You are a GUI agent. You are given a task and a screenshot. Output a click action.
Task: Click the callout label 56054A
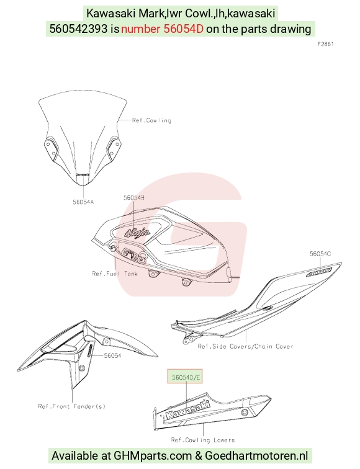click(83, 202)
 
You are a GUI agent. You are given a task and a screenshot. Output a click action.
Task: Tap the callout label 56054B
click(134, 198)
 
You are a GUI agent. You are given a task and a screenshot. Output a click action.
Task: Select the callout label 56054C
click(320, 254)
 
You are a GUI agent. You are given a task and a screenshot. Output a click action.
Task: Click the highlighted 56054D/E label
click(185, 377)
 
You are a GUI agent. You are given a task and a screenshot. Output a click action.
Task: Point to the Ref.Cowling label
click(151, 120)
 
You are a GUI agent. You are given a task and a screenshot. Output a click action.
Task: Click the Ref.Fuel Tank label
click(115, 274)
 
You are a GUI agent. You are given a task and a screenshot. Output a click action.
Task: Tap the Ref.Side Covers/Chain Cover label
click(245, 346)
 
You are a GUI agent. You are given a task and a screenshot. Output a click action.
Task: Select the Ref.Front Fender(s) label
click(72, 406)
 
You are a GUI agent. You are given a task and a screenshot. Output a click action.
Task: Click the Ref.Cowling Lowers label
click(202, 440)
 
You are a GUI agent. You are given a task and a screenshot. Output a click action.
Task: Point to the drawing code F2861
click(326, 44)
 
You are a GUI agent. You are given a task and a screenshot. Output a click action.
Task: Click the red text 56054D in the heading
click(184, 29)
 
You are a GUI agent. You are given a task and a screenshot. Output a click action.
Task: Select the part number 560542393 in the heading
click(78, 29)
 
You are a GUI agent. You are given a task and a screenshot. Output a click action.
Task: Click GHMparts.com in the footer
click(153, 456)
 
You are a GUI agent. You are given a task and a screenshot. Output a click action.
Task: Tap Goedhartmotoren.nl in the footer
click(256, 456)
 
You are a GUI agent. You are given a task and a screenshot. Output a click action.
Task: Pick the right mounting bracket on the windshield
click(114, 148)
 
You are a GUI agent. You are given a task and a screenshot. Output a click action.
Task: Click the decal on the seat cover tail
click(318, 272)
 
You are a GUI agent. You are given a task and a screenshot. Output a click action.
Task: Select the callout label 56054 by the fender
click(112, 355)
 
